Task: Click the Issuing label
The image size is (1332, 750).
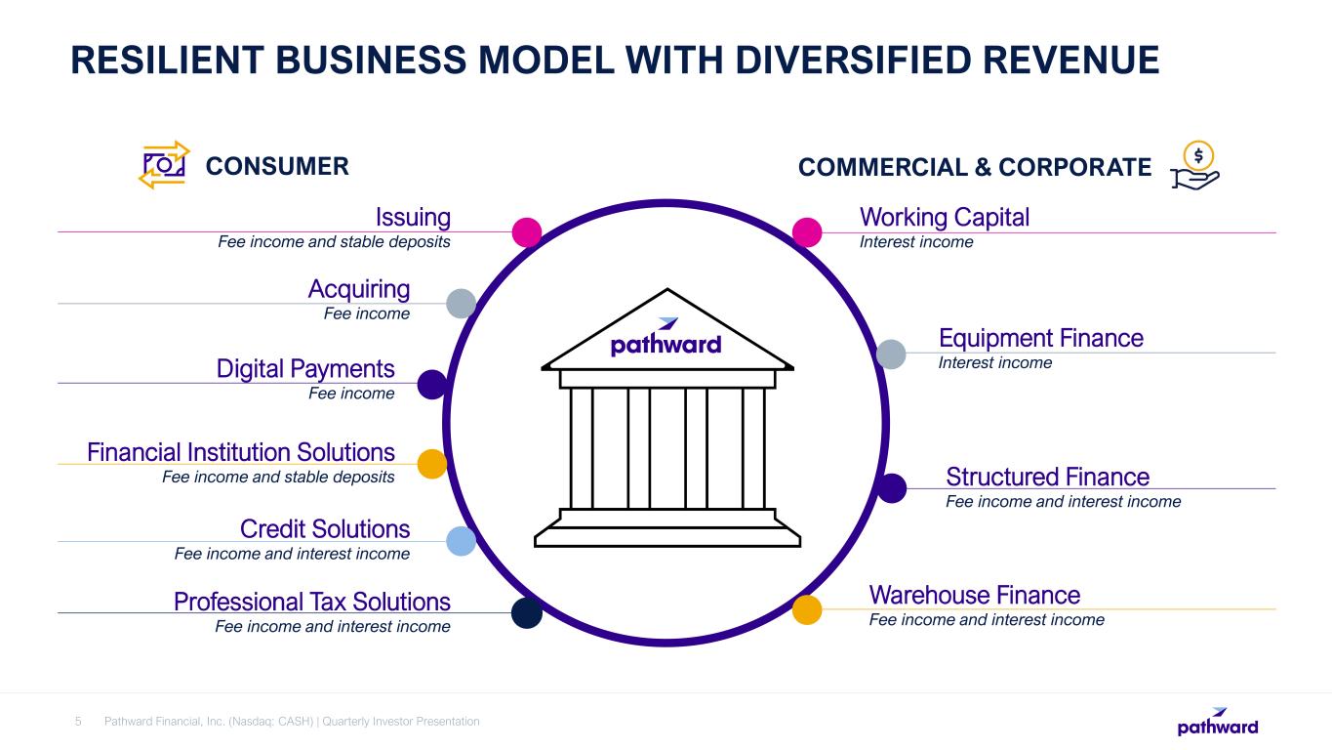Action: (x=413, y=217)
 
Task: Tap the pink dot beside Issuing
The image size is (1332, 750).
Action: (x=527, y=231)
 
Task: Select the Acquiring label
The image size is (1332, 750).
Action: (x=359, y=289)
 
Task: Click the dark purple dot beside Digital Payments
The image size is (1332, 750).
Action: (x=432, y=384)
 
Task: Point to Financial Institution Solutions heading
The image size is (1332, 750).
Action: (x=241, y=452)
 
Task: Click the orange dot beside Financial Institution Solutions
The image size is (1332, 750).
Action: (x=432, y=463)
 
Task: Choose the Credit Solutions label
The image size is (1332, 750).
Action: (x=325, y=529)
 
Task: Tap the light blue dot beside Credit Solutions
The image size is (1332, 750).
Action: (x=461, y=541)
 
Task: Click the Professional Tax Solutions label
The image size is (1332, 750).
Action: (x=312, y=601)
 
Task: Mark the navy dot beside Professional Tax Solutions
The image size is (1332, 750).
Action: (x=527, y=612)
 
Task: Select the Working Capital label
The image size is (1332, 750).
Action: (x=944, y=217)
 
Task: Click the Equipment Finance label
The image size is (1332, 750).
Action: (x=1040, y=339)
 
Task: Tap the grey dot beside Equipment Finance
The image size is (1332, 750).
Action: (x=891, y=354)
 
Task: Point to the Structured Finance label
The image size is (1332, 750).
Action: (x=1047, y=478)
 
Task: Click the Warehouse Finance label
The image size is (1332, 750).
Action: (x=974, y=596)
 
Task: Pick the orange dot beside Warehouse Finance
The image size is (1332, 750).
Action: (x=807, y=609)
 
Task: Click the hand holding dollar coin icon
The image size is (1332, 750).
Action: (x=1195, y=165)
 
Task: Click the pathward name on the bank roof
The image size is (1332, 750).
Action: (x=666, y=344)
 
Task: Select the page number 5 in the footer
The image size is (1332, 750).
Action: (x=79, y=722)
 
